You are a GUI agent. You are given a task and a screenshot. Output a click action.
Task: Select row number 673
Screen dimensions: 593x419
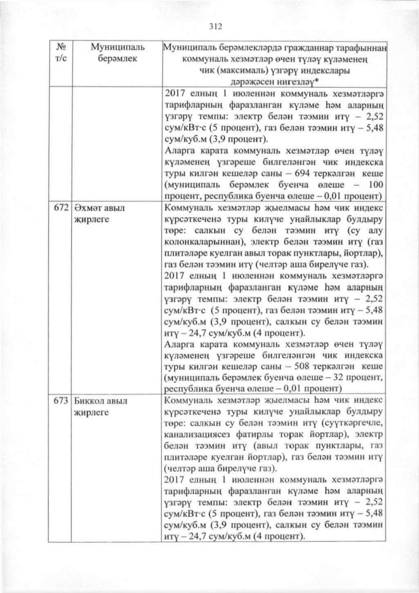pyautogui.click(x=58, y=399)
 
